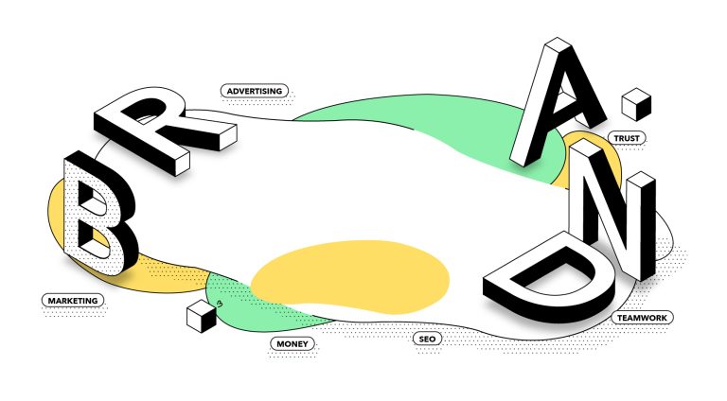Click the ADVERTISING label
pos(255,91)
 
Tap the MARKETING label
pos(73,301)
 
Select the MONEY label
pos(293,343)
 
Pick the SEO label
pos(427,339)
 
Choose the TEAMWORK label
pos(642,318)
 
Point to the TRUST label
pos(627,138)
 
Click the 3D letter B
pos(99,213)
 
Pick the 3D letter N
pos(612,208)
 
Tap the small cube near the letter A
pos(636,104)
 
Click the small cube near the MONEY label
pos(202,316)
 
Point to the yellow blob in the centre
pos(350,277)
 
